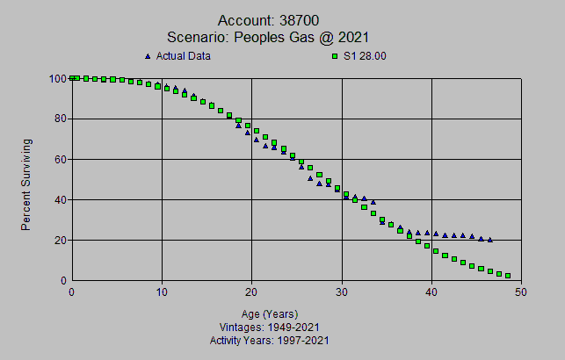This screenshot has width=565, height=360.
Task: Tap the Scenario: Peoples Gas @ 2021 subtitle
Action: (x=267, y=37)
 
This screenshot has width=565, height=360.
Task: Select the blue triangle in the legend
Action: (x=147, y=56)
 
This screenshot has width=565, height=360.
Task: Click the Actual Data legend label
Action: (x=184, y=56)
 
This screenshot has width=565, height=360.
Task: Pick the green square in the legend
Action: (x=334, y=56)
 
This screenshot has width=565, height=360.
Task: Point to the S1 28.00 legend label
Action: (x=365, y=56)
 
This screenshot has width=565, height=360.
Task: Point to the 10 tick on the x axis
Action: (x=162, y=292)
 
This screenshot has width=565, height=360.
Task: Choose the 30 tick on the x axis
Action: (x=342, y=292)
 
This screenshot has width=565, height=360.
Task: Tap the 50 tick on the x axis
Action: (x=521, y=292)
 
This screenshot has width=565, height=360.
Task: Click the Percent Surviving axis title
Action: (x=26, y=184)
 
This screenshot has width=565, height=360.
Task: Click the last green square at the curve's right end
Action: (x=508, y=276)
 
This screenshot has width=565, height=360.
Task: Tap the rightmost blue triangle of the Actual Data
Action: (x=489, y=240)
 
